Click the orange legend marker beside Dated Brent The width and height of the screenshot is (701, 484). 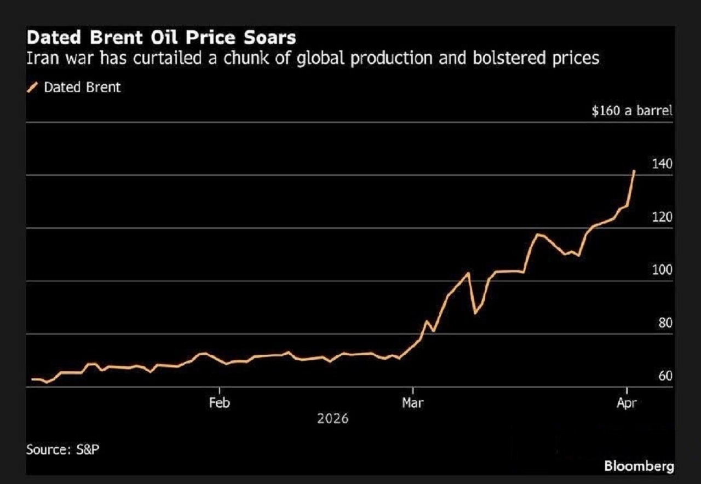click(32, 87)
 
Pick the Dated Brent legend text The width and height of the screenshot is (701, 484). click(82, 87)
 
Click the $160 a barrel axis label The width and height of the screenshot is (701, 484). click(631, 111)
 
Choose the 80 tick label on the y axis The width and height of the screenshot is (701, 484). click(665, 323)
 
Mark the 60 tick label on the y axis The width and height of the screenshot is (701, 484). click(665, 376)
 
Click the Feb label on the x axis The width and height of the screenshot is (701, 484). click(219, 404)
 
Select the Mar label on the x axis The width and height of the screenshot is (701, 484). click(412, 404)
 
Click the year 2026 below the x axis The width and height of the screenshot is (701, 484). click(332, 419)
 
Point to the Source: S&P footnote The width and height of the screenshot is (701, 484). click(63, 450)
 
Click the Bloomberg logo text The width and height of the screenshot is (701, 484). click(639, 466)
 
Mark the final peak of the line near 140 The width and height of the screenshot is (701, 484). click(634, 171)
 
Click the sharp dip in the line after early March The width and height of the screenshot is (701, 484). click(475, 313)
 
